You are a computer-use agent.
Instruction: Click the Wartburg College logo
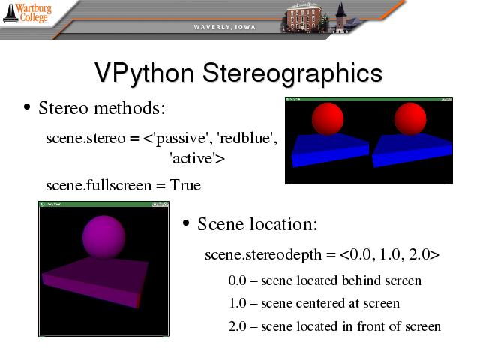coord(27,13)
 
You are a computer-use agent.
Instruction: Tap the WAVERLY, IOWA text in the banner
coord(225,27)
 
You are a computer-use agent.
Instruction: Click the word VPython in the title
coord(144,73)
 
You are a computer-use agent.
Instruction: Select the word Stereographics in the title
coord(292,73)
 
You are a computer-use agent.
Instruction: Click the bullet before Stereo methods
coord(27,107)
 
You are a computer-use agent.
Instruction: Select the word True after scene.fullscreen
coord(185,185)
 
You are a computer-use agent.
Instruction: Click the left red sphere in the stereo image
coord(328,119)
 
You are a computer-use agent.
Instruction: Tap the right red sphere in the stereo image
coord(410,119)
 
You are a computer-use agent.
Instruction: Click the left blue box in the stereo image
coord(330,150)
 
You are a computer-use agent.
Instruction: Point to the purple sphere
coord(103,237)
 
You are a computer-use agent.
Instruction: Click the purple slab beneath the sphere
coord(95,280)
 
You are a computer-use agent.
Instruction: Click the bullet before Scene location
coord(185,223)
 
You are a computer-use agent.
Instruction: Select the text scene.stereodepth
coord(263,255)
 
